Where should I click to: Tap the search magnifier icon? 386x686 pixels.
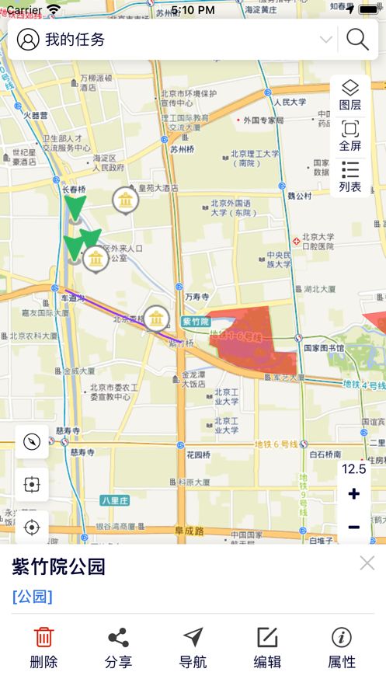357,39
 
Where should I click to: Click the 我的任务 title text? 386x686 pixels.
75,40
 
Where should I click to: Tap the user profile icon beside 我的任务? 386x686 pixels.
28,40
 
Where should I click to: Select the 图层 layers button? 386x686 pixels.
350,95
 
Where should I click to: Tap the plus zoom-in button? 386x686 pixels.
353,494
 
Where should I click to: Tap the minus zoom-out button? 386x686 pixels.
353,528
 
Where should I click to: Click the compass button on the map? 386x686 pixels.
32,441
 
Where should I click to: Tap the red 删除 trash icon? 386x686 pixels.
44,638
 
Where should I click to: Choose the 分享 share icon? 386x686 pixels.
118,638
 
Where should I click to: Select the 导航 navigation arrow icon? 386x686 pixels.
193,638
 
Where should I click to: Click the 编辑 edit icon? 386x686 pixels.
267,638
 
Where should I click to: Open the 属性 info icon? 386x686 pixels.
342,638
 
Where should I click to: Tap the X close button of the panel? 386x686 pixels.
367,563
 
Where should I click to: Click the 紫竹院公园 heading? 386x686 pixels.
59,566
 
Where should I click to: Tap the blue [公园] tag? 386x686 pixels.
33,596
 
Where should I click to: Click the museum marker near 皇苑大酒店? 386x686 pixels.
125,200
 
